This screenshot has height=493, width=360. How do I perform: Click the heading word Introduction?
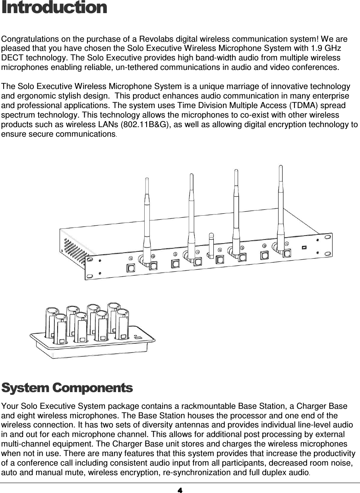pos(54,8)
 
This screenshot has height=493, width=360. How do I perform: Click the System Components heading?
pos(67,388)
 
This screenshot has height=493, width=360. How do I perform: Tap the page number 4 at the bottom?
pos(180,489)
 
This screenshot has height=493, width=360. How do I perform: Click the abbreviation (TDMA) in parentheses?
pos(301,106)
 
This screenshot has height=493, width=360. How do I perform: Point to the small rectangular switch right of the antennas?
pos(304,247)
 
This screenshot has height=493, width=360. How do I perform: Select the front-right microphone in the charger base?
pos(122,324)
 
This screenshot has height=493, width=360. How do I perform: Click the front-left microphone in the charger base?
pos(60,328)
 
